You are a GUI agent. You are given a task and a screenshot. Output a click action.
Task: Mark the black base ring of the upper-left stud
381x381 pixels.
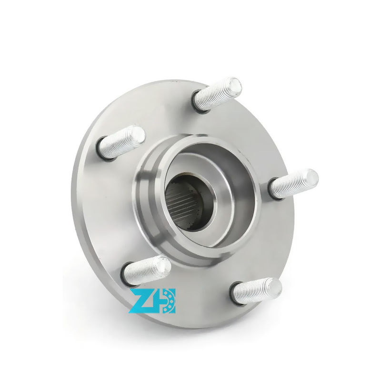point(101,150)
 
